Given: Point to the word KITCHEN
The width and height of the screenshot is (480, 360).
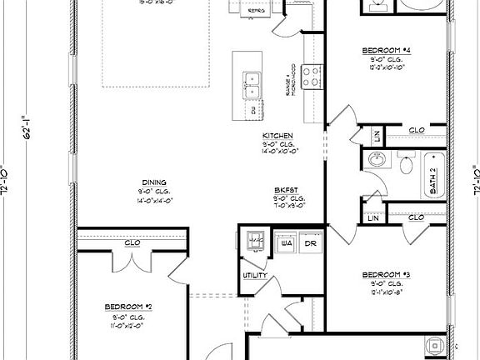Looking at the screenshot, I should coord(277,135).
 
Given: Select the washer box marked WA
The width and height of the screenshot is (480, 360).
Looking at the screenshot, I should coord(286,243).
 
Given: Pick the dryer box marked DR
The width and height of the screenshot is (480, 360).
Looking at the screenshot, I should coord(310,243).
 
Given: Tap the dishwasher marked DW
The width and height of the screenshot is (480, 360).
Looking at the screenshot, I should coord(252,108).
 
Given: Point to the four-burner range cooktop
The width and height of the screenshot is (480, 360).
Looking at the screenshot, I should coord(312,77).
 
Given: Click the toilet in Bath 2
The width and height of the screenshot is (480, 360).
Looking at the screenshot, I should coord(406,163).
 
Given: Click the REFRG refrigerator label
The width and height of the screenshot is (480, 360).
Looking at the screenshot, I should coord(257,10).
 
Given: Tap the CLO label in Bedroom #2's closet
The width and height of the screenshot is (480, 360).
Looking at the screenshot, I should coord(132,243).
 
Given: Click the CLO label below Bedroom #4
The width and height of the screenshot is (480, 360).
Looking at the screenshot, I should coord(416,130).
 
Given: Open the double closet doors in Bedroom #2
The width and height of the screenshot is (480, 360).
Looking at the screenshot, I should coord(132,260).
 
